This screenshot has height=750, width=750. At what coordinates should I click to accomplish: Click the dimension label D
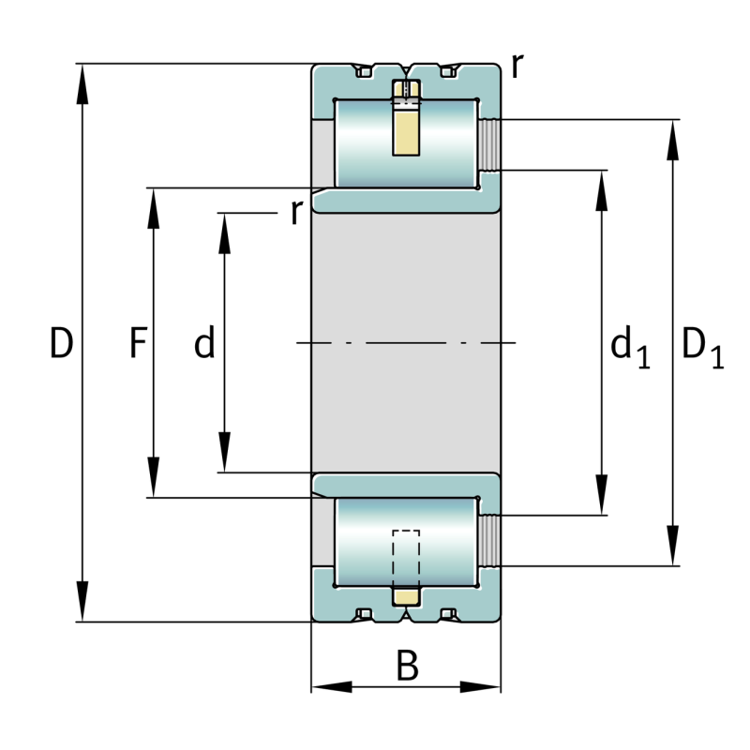click(x=61, y=344)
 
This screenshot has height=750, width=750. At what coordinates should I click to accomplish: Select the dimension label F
click(x=138, y=344)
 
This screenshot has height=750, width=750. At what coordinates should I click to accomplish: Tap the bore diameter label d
click(x=204, y=344)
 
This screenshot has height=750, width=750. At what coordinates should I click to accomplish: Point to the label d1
click(x=629, y=346)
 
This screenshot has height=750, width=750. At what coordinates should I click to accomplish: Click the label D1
click(x=701, y=346)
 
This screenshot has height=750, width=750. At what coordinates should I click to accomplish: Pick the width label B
click(x=406, y=667)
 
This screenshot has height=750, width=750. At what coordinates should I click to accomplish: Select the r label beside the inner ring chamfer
click(x=296, y=212)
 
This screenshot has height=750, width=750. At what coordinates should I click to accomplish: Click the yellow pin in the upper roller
click(x=406, y=131)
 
